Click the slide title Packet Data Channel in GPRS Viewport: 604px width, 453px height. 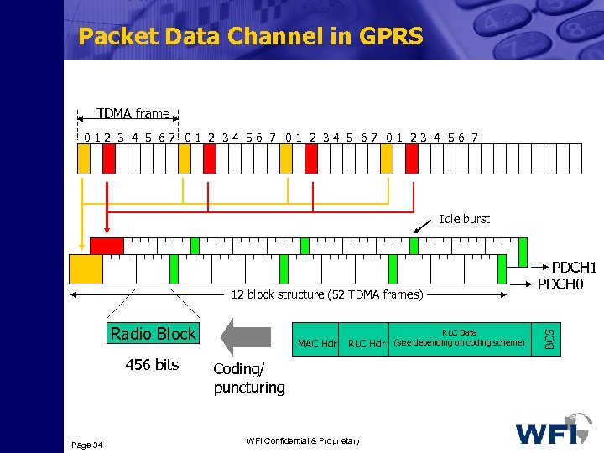pos(250,36)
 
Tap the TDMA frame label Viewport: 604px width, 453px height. pos(133,113)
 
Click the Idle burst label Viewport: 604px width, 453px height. pos(464,219)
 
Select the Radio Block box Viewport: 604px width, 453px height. pos(153,334)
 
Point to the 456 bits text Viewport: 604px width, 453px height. pos(152,365)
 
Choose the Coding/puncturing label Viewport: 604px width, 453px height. pos(249,377)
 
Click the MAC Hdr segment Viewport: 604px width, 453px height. pos(317,342)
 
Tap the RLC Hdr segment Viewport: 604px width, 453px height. pos(367,342)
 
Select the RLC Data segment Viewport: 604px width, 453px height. pos(460,337)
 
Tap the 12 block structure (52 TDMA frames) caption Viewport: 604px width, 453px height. pos(327,294)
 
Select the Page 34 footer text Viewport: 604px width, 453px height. pos(86,445)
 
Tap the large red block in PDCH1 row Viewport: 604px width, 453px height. pos(107,246)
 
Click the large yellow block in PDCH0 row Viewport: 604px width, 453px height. pos(86,269)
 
